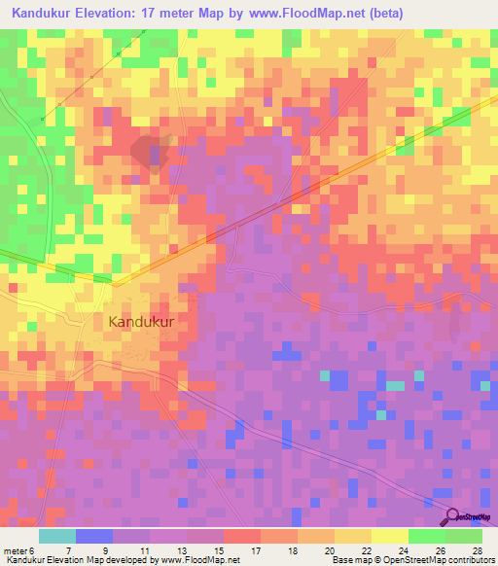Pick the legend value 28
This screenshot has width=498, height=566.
click(477, 550)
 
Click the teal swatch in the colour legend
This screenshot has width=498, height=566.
click(57, 536)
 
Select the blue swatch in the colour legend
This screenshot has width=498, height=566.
click(94, 536)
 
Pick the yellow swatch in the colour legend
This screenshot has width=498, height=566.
click(389, 536)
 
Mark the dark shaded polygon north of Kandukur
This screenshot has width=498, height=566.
click(151, 152)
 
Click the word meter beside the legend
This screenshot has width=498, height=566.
click(15, 550)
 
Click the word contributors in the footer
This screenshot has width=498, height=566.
click(465, 560)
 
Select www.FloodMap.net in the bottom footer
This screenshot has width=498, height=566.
click(201, 560)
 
